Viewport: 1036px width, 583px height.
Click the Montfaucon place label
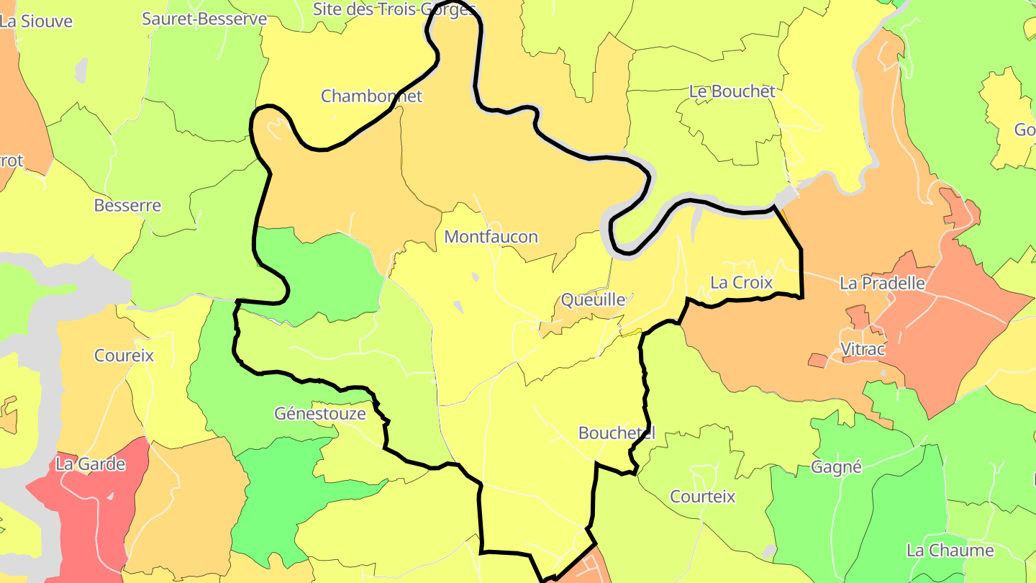point(491,237)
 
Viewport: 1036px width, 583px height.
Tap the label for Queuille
point(592,299)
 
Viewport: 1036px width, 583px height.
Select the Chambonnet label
point(371,96)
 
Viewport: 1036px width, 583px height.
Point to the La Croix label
point(741,283)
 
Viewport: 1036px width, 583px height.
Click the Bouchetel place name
point(617,433)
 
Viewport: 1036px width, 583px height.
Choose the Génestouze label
point(320,414)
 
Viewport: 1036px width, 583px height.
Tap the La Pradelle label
point(882,284)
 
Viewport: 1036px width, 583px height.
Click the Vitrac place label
point(863,349)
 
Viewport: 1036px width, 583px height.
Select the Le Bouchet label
point(732,91)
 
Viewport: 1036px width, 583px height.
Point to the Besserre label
point(127,206)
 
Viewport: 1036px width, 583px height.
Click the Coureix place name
point(124,356)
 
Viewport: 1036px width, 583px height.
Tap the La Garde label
point(91,464)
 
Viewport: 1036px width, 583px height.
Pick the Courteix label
point(702,497)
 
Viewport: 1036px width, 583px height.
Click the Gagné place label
point(836,467)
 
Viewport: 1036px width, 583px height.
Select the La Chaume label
point(950,551)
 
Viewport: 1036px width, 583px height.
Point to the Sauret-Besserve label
point(204,19)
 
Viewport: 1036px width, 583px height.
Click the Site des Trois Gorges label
point(395,9)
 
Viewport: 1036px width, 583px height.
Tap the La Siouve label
point(37,22)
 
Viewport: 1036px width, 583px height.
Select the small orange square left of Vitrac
point(817,360)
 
